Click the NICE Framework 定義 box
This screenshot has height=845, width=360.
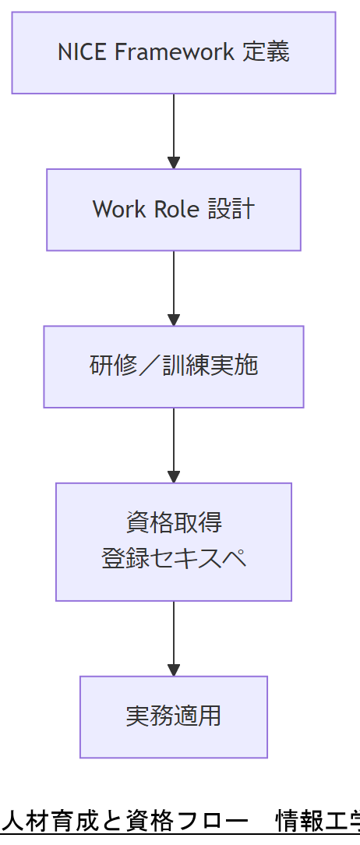pyautogui.click(x=173, y=52)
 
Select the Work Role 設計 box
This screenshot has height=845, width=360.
pyautogui.click(x=173, y=210)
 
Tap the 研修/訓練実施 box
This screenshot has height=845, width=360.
pyautogui.click(x=173, y=366)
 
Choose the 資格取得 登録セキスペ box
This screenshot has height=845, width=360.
pyautogui.click(x=173, y=542)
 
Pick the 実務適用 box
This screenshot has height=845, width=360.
pyautogui.click(x=173, y=716)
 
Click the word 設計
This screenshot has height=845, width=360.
pyautogui.click(x=231, y=210)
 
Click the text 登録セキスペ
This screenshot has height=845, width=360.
pyautogui.click(x=173, y=559)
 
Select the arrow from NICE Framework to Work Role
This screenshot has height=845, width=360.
pyautogui.click(x=173, y=131)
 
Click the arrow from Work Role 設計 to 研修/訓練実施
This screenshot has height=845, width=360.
pyautogui.click(x=173, y=288)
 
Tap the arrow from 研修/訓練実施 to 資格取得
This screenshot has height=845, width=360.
pyautogui.click(x=173, y=444)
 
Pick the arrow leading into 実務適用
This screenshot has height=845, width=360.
pyautogui.click(x=173, y=638)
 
